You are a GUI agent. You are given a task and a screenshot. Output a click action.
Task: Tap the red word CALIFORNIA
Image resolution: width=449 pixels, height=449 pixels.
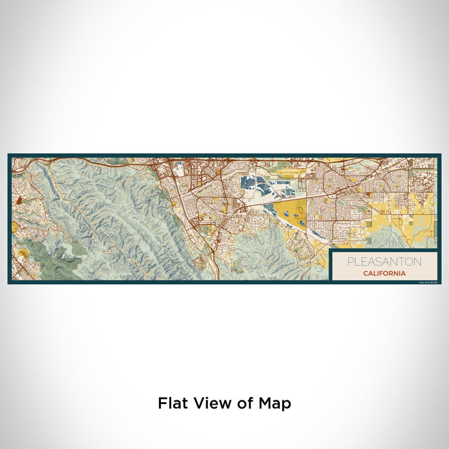point(384,273)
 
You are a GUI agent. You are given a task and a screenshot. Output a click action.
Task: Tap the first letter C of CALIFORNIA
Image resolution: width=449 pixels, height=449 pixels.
point(364,273)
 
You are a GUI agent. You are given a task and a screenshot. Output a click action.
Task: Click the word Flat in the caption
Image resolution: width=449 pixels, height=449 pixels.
point(173,403)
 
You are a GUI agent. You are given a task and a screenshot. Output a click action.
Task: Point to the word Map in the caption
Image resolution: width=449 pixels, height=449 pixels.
point(276,403)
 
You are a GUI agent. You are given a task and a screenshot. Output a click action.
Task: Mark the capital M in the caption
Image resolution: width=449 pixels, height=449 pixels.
point(265,403)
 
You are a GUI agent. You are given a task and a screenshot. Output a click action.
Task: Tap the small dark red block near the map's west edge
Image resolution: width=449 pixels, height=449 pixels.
point(19,201)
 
